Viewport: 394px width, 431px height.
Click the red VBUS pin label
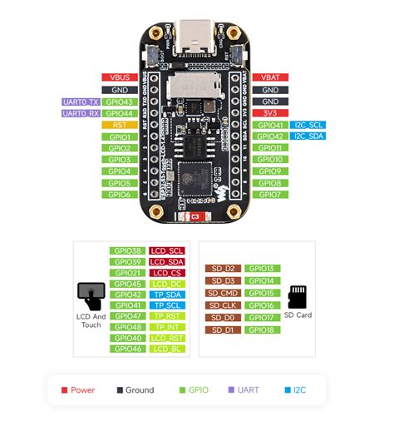pyautogui.click(x=119, y=77)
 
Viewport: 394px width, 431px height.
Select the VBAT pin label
pyautogui.click(x=270, y=77)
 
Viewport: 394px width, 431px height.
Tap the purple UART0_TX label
pyautogui.click(x=80, y=102)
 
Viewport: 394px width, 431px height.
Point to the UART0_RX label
pyautogui.click(x=80, y=113)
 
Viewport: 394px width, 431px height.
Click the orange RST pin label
pyautogui.click(x=119, y=125)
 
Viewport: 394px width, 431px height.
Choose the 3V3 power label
pyautogui.click(x=270, y=113)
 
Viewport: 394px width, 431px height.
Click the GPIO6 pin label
pyautogui.click(x=119, y=195)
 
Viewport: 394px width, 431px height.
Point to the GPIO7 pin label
pyautogui.click(x=270, y=195)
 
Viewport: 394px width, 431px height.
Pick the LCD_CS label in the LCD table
pyautogui.click(x=167, y=272)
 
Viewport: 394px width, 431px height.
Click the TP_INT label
pyautogui.click(x=167, y=327)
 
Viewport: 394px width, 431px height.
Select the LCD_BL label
pyautogui.click(x=167, y=349)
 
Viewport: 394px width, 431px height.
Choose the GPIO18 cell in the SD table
pyautogui.click(x=260, y=329)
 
